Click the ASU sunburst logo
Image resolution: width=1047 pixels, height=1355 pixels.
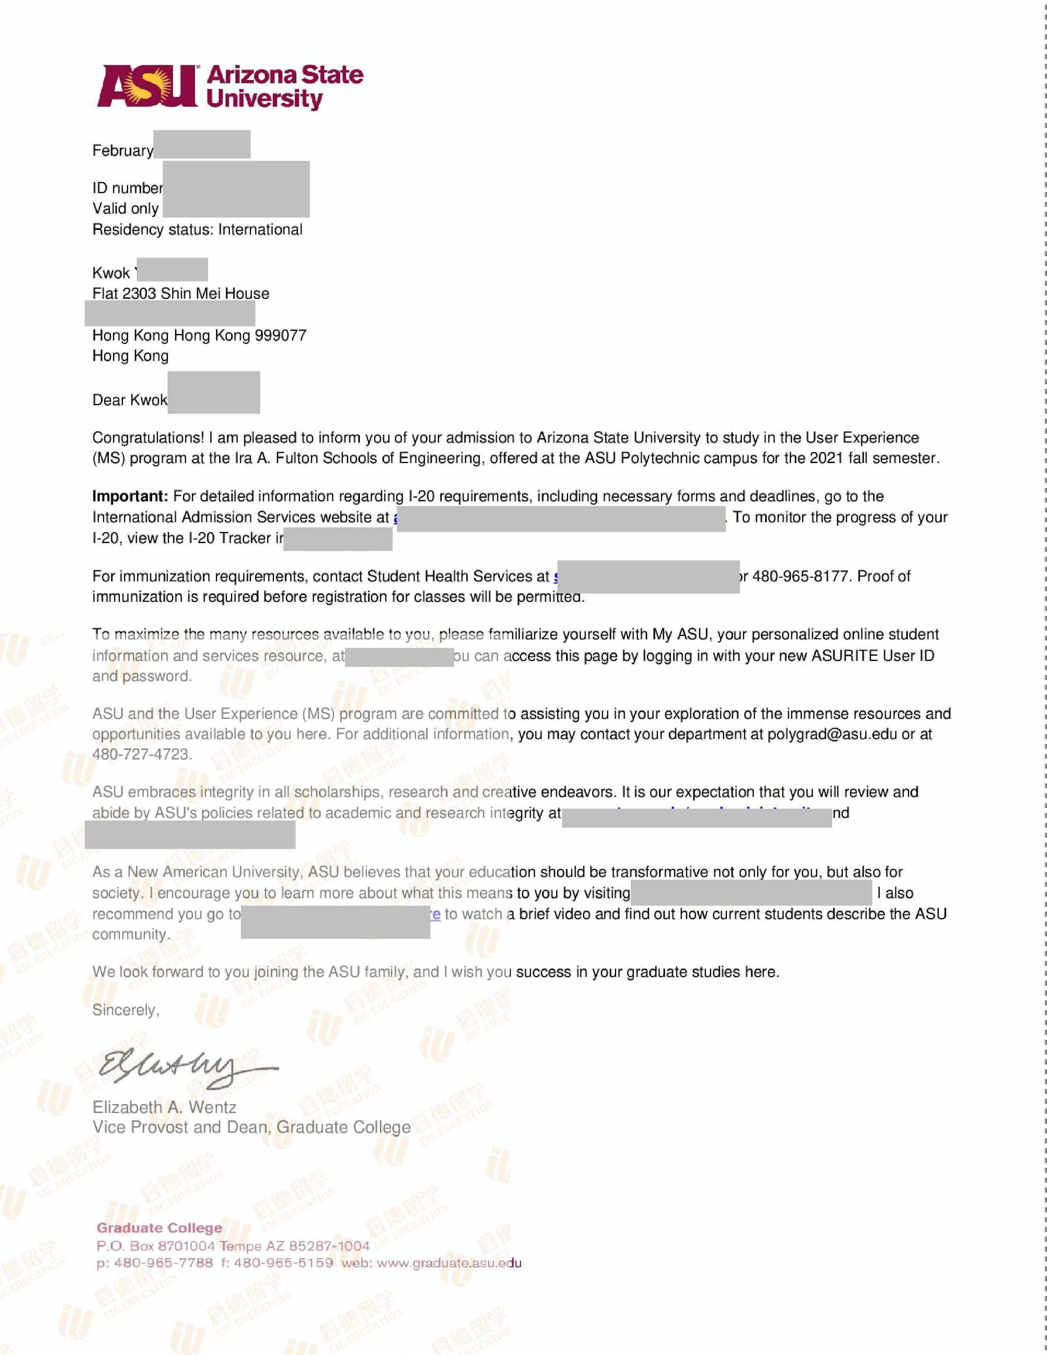(147, 86)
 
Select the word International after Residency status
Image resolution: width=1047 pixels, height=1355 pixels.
(260, 229)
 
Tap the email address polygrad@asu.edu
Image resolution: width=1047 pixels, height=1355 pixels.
(832, 735)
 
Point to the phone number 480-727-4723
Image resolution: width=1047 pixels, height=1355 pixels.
(141, 754)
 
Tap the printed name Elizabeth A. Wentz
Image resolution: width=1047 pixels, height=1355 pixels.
(164, 1107)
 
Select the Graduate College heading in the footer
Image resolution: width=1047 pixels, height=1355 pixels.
(160, 1228)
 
